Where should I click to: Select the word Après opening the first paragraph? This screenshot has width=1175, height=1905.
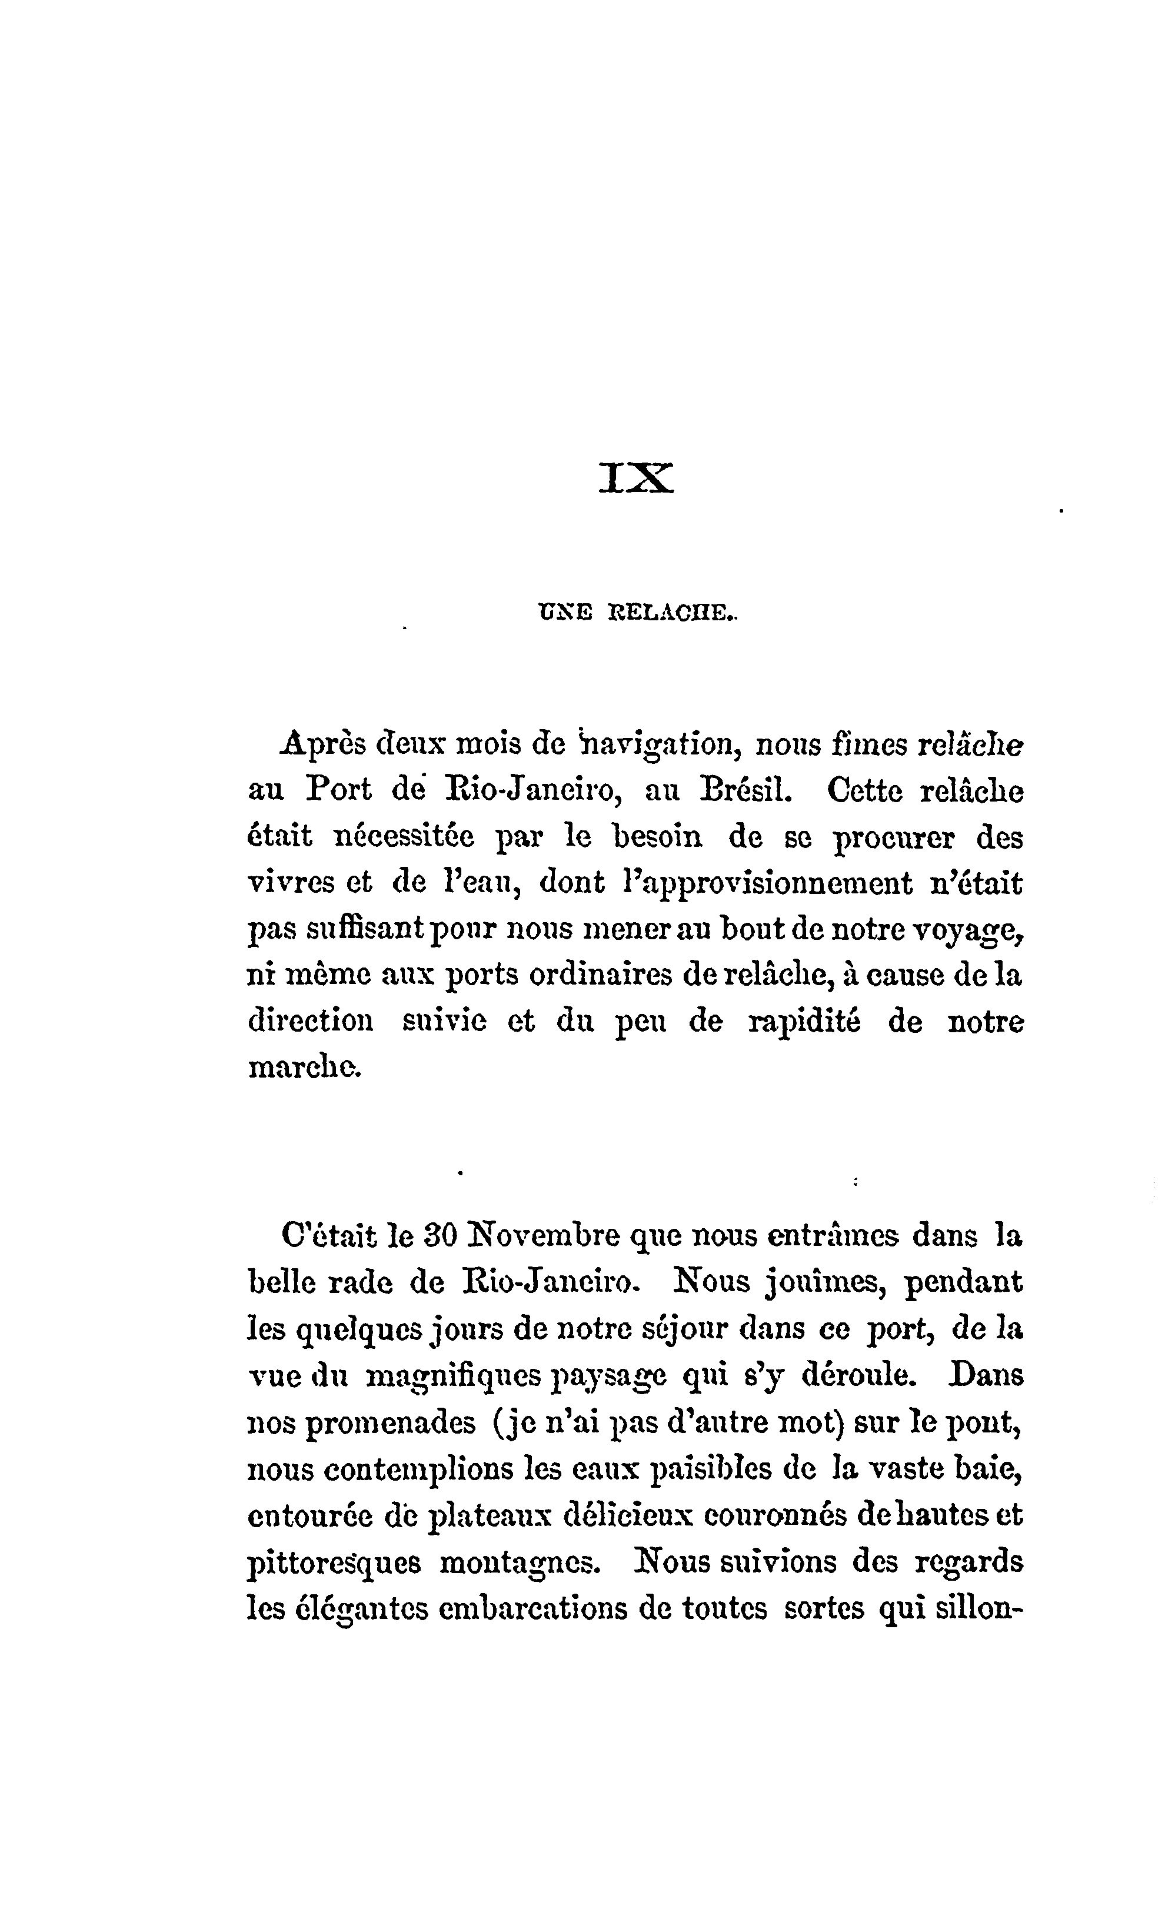(322, 744)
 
